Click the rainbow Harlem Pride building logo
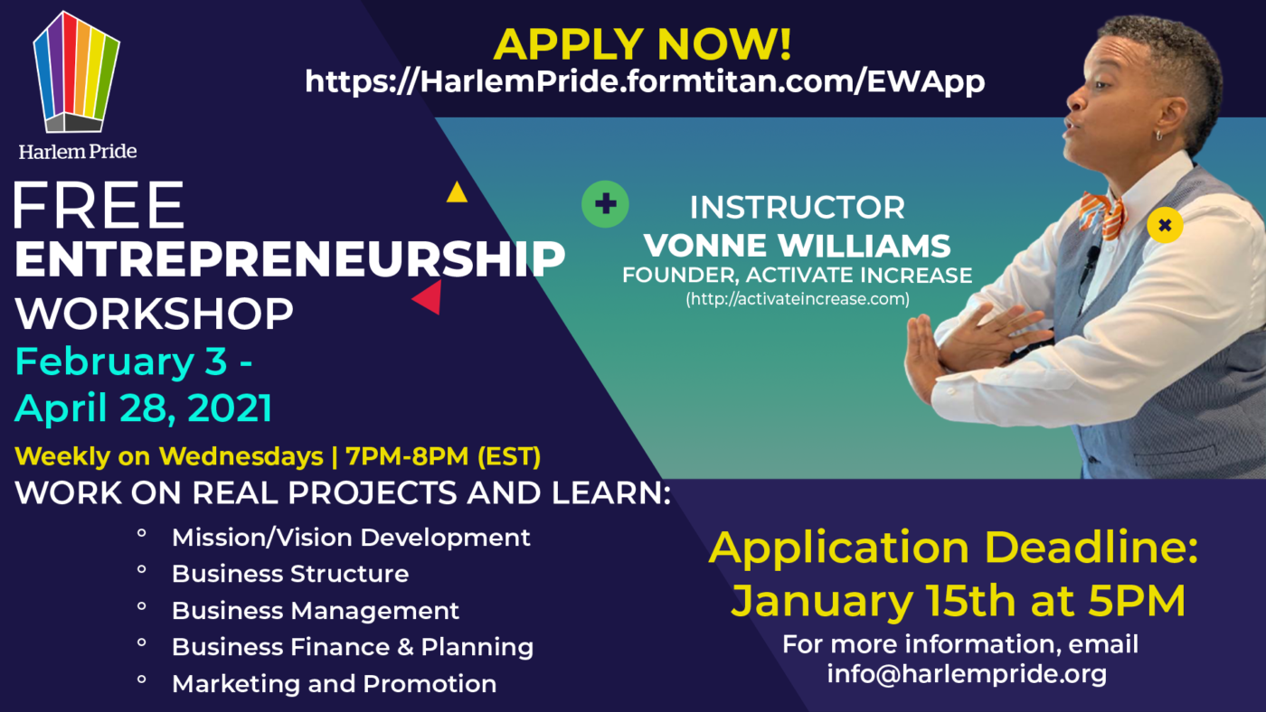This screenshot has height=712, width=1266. [x=76, y=72]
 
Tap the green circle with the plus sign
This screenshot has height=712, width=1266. [x=605, y=204]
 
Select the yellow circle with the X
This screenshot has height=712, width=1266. [x=1165, y=225]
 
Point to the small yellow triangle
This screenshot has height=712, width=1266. [x=457, y=192]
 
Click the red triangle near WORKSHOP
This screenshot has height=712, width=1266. [x=428, y=297]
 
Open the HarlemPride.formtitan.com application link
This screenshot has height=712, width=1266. [x=645, y=81]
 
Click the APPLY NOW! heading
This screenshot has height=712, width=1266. [x=643, y=44]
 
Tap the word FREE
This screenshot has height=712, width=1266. [x=99, y=205]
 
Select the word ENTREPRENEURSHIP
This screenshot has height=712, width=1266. [x=289, y=259]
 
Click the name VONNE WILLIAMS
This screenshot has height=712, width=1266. [x=797, y=246]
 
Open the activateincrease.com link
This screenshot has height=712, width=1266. [x=798, y=299]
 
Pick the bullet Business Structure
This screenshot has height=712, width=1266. [x=290, y=574]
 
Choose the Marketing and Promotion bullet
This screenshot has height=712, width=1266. [x=334, y=684]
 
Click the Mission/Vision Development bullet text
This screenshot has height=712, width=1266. [x=351, y=538]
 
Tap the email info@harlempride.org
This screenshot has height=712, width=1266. [x=967, y=674]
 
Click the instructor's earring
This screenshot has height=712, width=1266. [x=1158, y=136]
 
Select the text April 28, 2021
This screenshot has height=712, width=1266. [x=144, y=408]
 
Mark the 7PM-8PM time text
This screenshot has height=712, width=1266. [x=407, y=456]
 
